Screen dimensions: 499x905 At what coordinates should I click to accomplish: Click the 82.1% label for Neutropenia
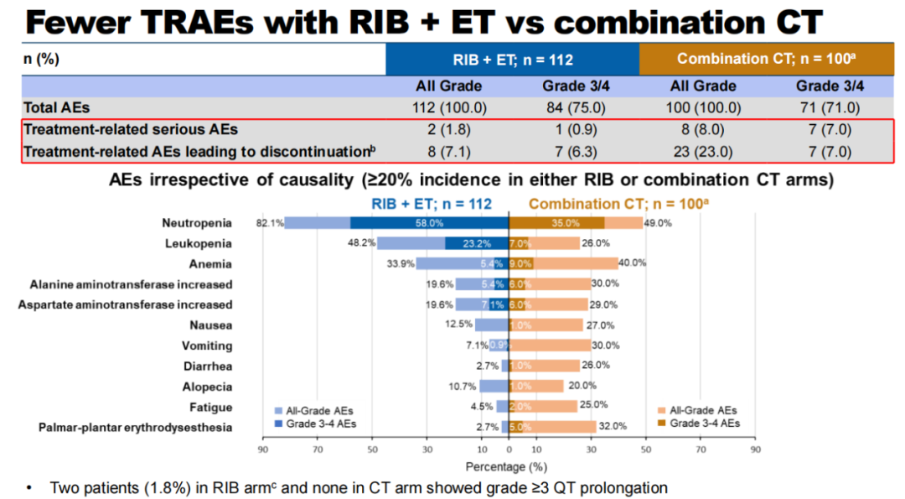pos(271,223)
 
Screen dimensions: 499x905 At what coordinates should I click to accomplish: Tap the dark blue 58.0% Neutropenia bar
pos(429,223)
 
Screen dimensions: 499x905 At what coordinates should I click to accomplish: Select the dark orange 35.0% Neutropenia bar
pos(557,223)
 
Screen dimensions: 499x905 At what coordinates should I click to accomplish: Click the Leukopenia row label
pos(199,243)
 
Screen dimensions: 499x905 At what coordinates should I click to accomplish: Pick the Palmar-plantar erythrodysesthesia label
pos(135,428)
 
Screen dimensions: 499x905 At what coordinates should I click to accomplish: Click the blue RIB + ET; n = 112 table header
pos(512,59)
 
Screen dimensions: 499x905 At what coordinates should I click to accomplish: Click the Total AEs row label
pos(57,107)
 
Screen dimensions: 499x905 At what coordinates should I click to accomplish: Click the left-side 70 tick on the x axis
pos(318,450)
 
